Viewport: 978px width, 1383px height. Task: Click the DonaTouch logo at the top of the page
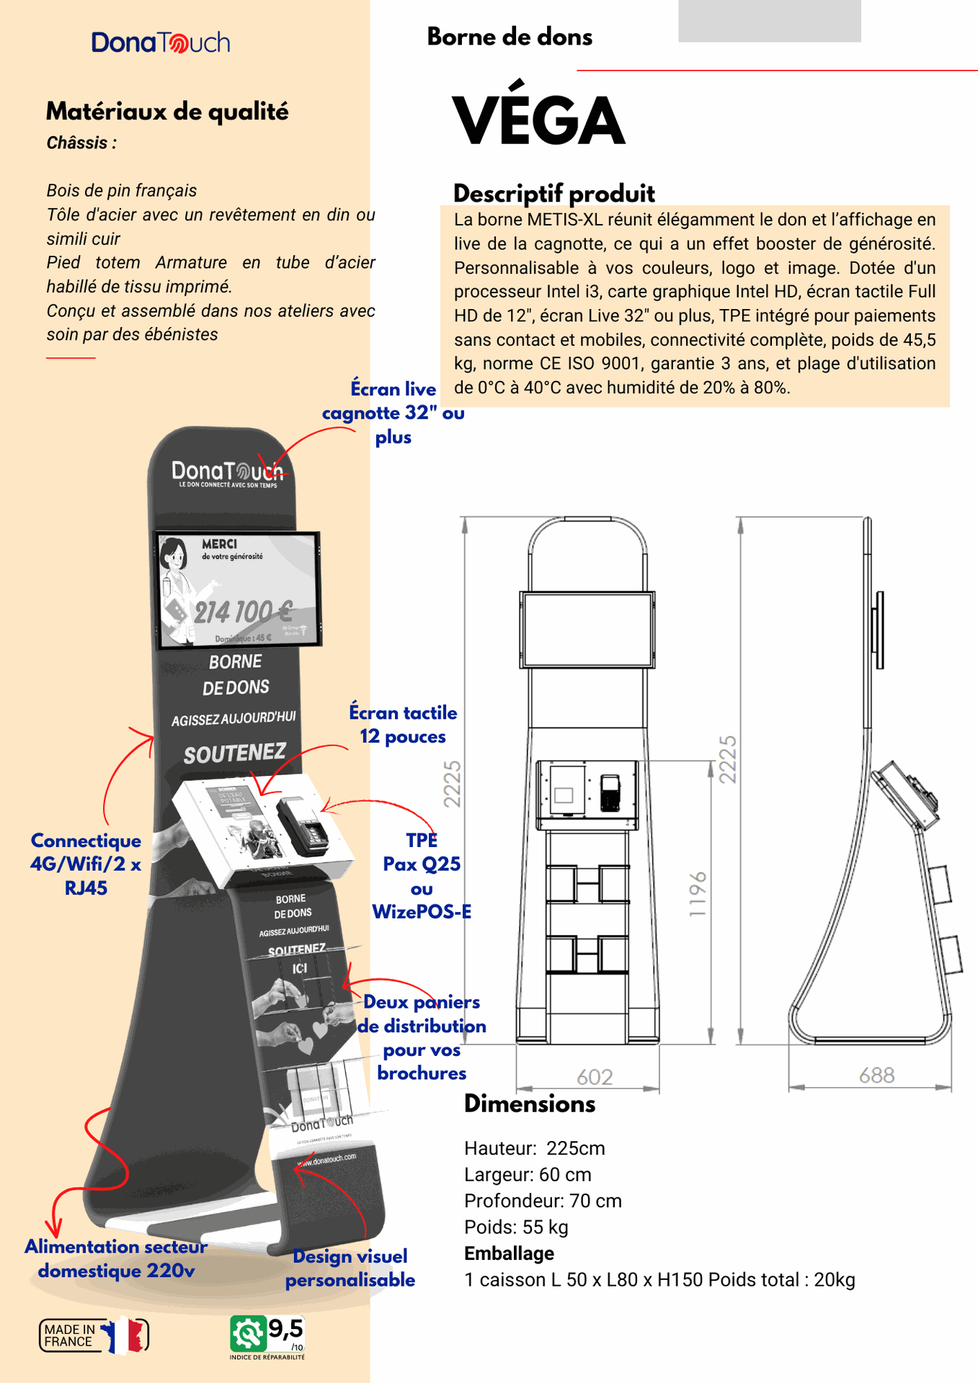[x=160, y=42]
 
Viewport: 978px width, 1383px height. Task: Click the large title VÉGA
[x=538, y=120]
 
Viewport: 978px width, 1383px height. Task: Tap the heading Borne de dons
[x=510, y=37]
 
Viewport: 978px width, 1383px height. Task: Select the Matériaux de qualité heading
[x=167, y=112]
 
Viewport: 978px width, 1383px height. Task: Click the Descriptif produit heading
[x=554, y=193]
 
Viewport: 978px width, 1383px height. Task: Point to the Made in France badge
[x=94, y=1335]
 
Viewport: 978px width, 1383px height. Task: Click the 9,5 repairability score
[x=285, y=1328]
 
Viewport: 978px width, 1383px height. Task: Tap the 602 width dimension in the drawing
[x=595, y=1077]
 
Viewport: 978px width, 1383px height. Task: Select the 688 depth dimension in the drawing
[x=876, y=1075]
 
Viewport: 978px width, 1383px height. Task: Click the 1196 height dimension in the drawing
[x=698, y=895]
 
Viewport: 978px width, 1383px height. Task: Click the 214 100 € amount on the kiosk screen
[x=243, y=612]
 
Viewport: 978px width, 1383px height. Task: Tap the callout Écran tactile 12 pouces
[x=403, y=725]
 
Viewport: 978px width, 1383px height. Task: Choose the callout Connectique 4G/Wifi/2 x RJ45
[x=86, y=864]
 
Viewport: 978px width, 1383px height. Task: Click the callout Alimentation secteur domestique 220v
[x=116, y=1258]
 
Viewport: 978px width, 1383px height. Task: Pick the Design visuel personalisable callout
[x=350, y=1268]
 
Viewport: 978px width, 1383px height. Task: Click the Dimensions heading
[x=530, y=1104]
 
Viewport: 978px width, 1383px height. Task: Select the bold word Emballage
[x=509, y=1253]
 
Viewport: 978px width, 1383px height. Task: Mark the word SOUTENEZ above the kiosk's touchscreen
[x=234, y=753]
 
